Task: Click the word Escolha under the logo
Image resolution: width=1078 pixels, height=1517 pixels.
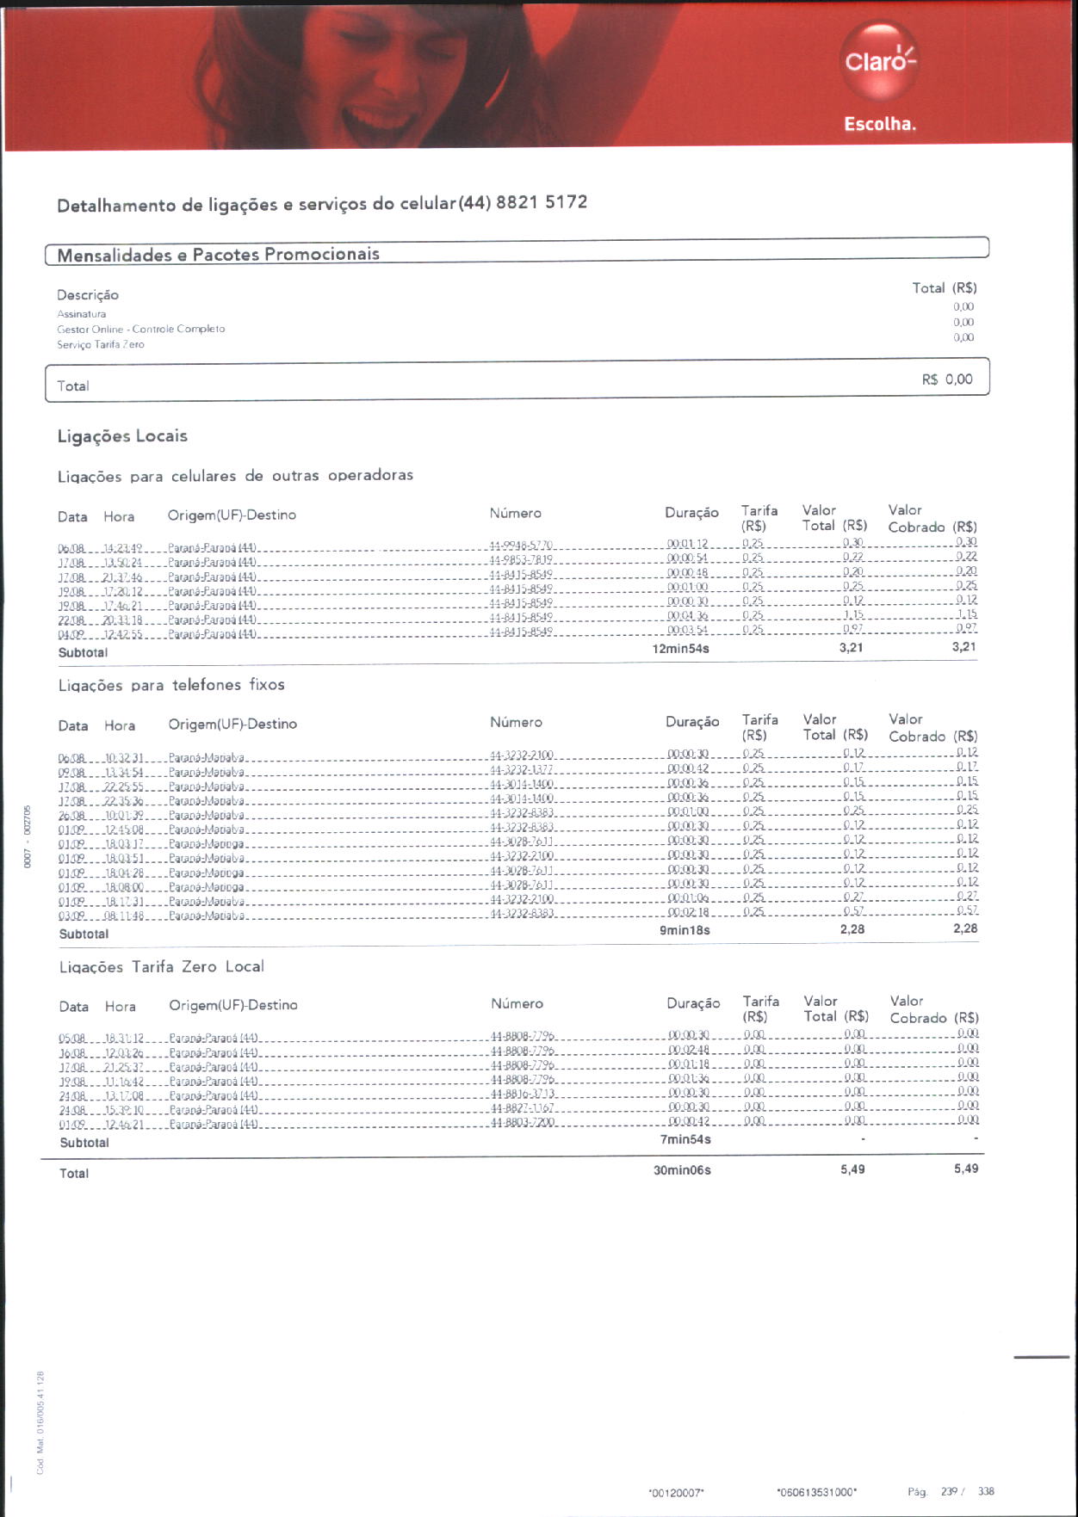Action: point(879,124)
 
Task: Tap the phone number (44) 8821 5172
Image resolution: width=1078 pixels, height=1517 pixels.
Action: point(524,203)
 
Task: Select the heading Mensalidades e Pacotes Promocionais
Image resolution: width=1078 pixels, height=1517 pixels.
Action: point(218,255)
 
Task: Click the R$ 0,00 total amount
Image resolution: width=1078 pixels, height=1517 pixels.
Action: point(947,379)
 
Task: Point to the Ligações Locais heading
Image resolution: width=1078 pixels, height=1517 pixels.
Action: point(122,436)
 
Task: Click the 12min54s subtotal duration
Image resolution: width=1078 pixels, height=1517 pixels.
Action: point(680,649)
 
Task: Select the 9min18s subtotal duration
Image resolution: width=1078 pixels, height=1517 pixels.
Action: point(685,930)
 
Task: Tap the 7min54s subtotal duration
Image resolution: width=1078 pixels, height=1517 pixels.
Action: point(685,1140)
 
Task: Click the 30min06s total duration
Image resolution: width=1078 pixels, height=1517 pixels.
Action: point(682,1170)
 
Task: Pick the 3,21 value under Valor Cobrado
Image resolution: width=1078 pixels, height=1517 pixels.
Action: point(963,647)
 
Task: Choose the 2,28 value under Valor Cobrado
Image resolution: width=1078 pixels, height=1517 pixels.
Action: point(964,928)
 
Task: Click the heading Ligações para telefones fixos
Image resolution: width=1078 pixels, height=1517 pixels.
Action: point(171,685)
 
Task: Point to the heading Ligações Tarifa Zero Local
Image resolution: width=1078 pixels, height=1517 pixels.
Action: point(162,967)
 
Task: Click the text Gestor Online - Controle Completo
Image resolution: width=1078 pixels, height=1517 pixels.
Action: point(141,329)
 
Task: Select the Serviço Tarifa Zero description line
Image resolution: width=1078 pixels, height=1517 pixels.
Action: point(101,344)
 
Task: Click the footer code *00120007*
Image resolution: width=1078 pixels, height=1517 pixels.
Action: point(676,1493)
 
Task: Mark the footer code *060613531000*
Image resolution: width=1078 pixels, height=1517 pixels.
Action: point(816,1492)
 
